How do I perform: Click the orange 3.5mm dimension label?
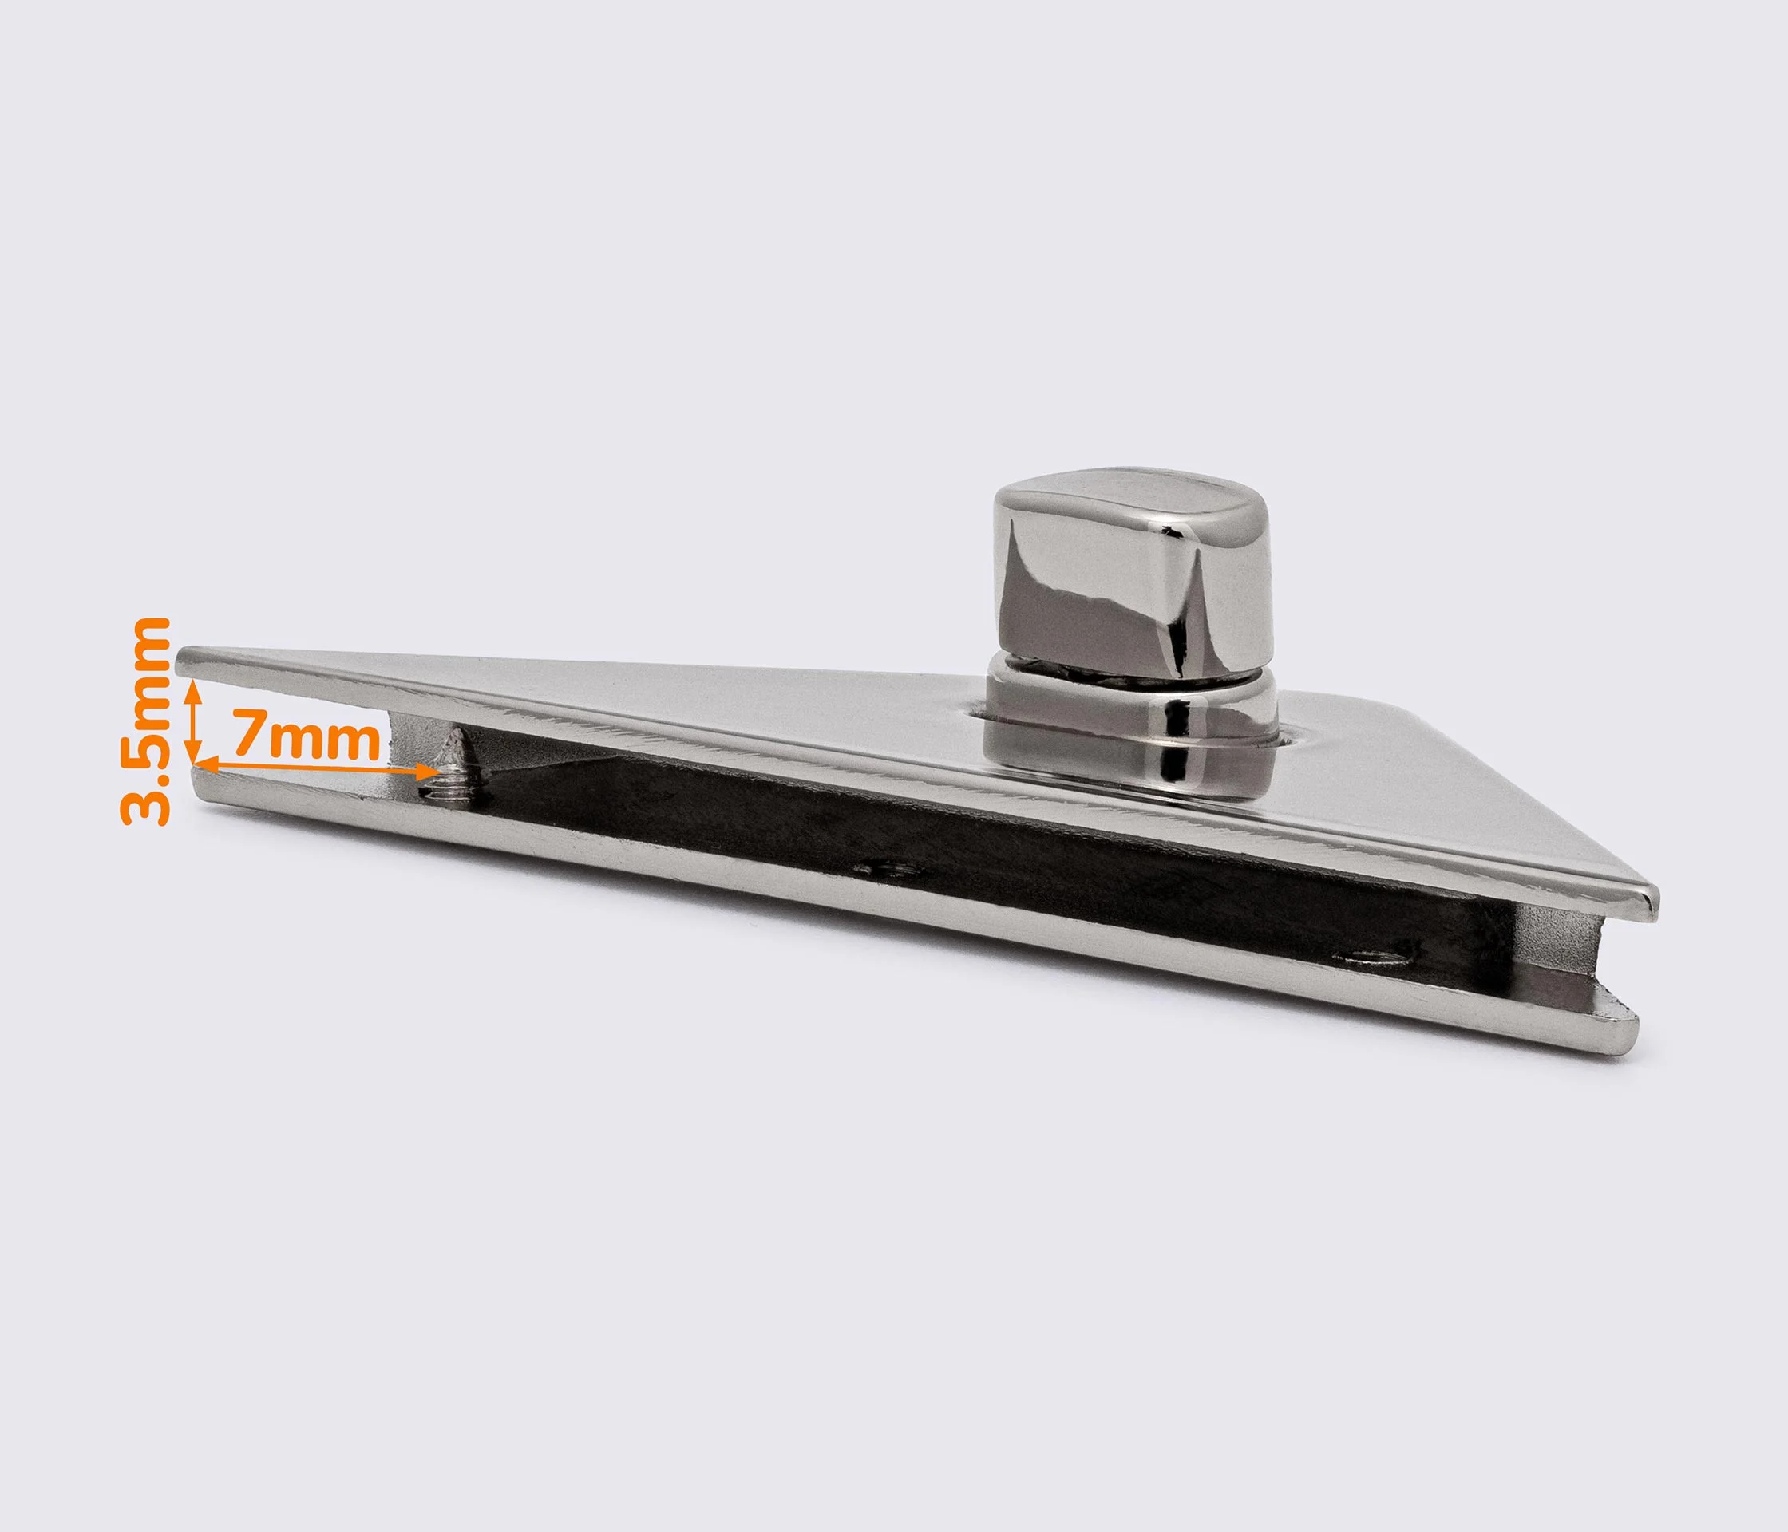click(145, 721)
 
